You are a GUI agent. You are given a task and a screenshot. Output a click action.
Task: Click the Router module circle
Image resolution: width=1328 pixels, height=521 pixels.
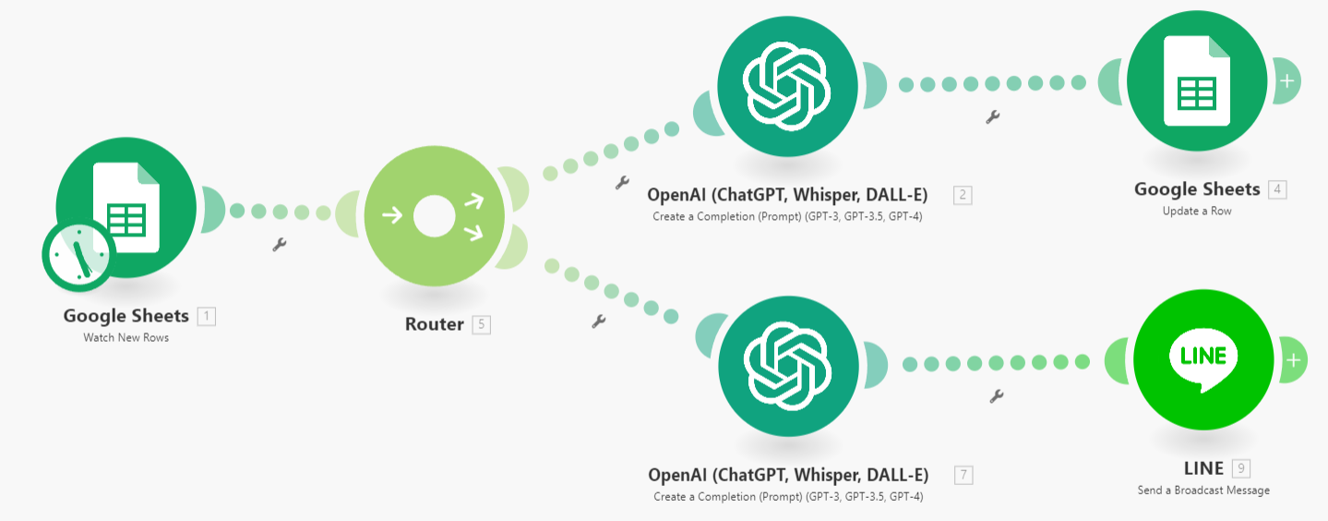(x=434, y=218)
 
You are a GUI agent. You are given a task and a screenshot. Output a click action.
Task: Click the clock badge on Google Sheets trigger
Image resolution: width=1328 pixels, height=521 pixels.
(x=78, y=254)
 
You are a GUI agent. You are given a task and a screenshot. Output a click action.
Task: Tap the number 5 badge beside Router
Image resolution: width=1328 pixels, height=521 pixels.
(x=481, y=324)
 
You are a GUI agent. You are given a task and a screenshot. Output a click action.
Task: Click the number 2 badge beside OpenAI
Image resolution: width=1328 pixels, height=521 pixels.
(x=963, y=195)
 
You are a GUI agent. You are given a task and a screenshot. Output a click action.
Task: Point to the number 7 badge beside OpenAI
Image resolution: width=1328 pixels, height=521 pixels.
(x=963, y=475)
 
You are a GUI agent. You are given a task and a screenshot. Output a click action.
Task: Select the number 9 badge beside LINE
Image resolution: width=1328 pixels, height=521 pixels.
(x=1241, y=468)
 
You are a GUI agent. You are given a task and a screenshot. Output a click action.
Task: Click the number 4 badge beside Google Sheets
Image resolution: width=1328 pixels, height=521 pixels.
(x=1277, y=189)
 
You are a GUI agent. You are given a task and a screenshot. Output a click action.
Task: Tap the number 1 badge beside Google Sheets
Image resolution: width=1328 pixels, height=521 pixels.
(x=207, y=316)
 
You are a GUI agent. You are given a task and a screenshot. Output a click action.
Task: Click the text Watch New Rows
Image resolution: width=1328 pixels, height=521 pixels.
(x=126, y=337)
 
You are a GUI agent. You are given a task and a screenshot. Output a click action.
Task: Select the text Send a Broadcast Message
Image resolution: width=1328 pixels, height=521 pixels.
(x=1203, y=490)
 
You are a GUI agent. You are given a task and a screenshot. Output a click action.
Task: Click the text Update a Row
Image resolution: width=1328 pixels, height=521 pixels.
(x=1196, y=211)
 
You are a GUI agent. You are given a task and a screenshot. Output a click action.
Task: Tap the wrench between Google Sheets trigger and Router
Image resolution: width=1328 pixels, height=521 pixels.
(x=280, y=245)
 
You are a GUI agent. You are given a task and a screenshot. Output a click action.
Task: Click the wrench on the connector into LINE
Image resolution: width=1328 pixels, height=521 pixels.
(x=996, y=396)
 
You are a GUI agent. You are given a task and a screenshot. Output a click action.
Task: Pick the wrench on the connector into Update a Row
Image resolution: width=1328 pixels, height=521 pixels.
(x=993, y=117)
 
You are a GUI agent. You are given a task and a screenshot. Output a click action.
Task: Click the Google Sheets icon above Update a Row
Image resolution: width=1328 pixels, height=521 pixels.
(x=1196, y=80)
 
